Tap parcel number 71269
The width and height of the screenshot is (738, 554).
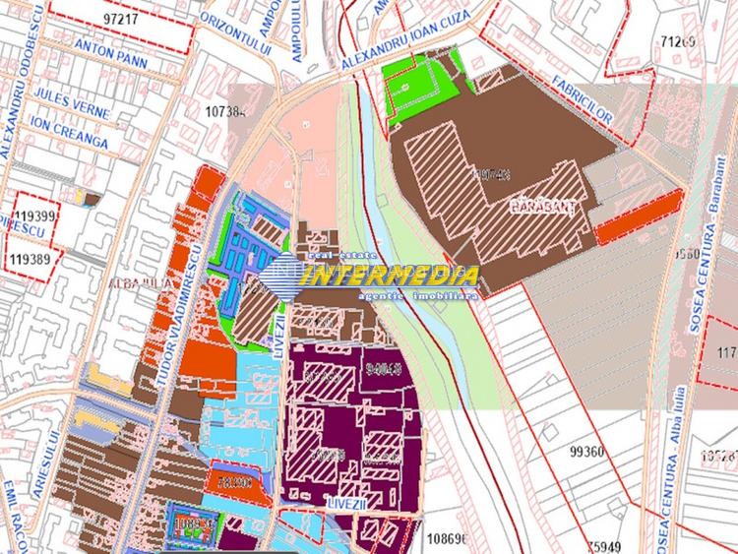pos(678,41)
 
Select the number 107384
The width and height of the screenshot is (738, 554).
pos(226,112)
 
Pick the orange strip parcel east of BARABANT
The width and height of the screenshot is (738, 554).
pos(640,215)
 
